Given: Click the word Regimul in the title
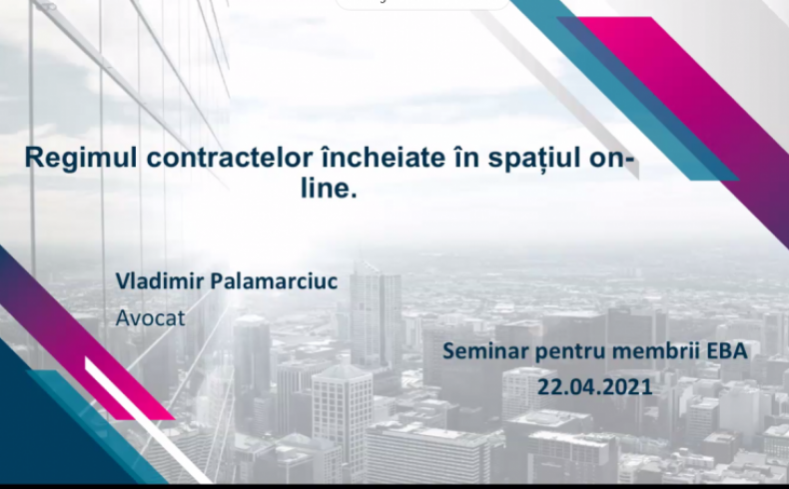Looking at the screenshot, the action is click(81, 159).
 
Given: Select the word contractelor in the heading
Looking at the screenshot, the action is click(230, 158).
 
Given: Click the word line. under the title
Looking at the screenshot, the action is click(329, 188).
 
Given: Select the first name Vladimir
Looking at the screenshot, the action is click(160, 280).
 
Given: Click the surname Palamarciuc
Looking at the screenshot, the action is click(274, 280).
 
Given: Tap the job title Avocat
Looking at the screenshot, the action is click(150, 317).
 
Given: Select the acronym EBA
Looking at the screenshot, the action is click(727, 351).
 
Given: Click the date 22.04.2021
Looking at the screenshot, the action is click(595, 387).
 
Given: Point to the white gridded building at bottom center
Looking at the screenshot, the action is click(343, 417).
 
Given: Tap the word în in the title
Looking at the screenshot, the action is click(467, 157).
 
